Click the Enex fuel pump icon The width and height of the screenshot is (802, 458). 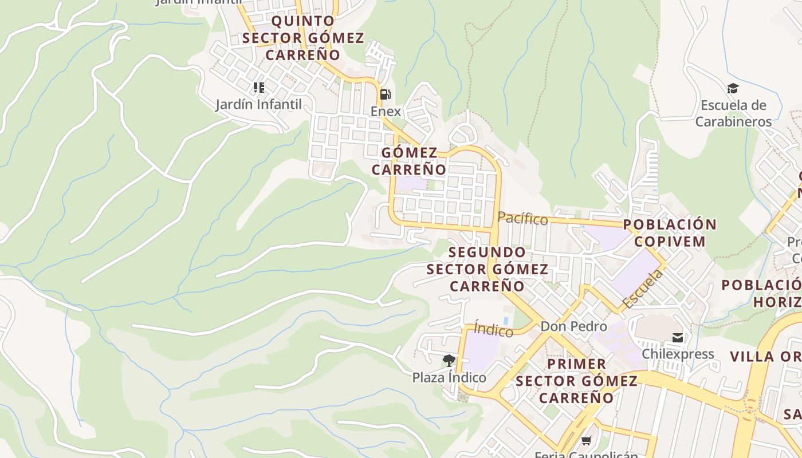coord(386,94)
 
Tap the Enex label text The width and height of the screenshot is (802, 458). coord(386,111)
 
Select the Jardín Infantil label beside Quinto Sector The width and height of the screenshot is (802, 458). coord(258,105)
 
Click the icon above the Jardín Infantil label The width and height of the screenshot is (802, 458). coord(259,88)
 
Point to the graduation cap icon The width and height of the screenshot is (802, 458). coord(733,89)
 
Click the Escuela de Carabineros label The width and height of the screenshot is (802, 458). coord(733,113)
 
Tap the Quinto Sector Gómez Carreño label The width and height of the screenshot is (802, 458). coord(302,38)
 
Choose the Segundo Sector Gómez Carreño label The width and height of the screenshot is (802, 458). coord(487,269)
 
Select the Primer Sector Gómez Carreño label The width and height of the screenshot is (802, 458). coord(576,381)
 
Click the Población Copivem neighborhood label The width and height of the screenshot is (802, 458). coord(670,232)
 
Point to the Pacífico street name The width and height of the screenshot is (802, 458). coord(522,218)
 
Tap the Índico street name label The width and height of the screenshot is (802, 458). coord(494,330)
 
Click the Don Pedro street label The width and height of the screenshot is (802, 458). coord(573,326)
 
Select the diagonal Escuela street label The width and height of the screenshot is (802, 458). coord(642,289)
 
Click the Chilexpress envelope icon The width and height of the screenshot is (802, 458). coord(678,338)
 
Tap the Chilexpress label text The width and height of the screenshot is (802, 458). coord(678,354)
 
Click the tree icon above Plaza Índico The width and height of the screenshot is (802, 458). coord(449,361)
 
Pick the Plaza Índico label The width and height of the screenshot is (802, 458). coord(449,378)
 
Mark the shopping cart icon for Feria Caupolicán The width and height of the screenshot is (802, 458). coord(586,440)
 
